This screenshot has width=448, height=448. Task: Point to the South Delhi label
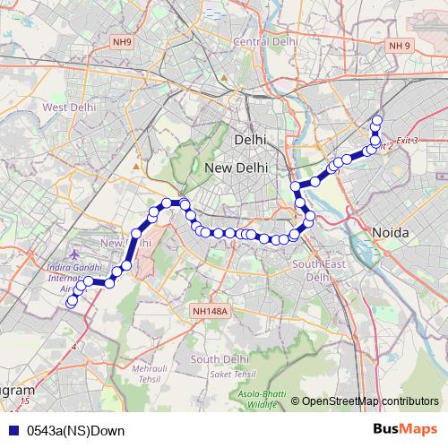[219, 359]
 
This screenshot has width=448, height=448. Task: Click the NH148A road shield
[211, 311]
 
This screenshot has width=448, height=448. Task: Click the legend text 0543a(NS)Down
[75, 431]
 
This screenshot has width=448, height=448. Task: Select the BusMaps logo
[404, 430]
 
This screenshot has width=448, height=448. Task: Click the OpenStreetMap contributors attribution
[365, 401]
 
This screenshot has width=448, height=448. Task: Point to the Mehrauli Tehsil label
[151, 374]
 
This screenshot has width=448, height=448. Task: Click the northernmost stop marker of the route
[377, 121]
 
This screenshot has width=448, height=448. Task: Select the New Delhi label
[236, 168]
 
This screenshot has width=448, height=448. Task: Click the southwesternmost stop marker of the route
[71, 303]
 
